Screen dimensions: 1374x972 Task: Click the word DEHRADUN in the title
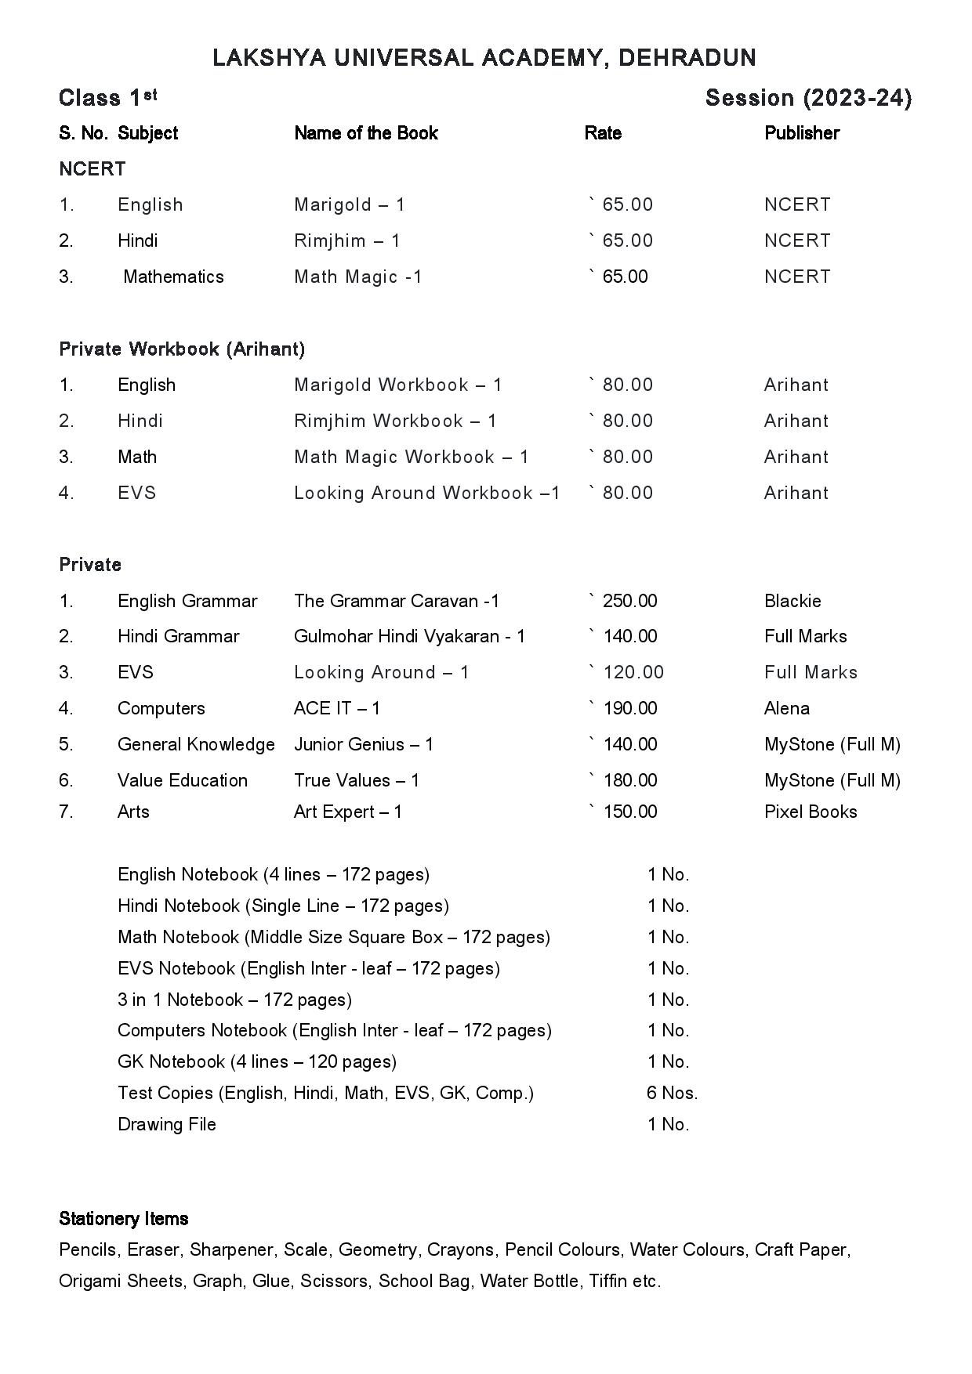tap(687, 58)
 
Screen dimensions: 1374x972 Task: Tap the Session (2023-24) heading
tap(808, 98)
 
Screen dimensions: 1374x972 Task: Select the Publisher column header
tap(801, 133)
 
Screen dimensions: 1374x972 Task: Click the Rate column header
tap(603, 133)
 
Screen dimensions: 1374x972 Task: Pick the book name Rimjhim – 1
tap(346, 240)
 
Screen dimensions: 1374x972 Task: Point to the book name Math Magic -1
tap(357, 277)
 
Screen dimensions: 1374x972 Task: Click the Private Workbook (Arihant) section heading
tap(182, 349)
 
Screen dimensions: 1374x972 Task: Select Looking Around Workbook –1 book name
tap(426, 493)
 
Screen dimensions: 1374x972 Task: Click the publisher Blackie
tap(792, 601)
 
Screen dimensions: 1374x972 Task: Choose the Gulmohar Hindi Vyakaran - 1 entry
tap(409, 636)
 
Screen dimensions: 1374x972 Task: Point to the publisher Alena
tap(786, 708)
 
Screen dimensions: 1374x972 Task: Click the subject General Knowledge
tap(196, 744)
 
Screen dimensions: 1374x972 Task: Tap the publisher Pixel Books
tap(811, 812)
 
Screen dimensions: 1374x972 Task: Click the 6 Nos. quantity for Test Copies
tap(672, 1093)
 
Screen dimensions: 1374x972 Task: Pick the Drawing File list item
tap(167, 1124)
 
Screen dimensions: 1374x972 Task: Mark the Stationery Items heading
tap(123, 1219)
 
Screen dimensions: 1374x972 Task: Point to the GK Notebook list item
tap(256, 1061)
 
